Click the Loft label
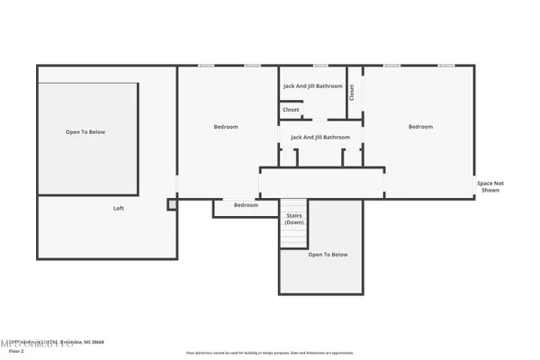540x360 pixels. [118, 208]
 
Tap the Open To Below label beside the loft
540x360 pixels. [85, 132]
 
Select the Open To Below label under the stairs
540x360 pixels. [328, 255]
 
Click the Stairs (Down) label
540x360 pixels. [294, 219]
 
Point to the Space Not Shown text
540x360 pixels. [490, 186]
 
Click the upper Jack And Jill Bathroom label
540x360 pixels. [313, 86]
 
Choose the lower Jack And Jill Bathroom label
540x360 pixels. [319, 137]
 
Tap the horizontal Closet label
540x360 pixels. [291, 110]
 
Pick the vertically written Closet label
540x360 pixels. [352, 92]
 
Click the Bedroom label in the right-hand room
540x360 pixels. [420, 127]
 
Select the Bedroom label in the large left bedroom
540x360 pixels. [225, 127]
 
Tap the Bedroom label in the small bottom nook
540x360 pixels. [246, 205]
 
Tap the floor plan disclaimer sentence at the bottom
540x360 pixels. [269, 353]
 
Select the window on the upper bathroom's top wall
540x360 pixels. [320, 66]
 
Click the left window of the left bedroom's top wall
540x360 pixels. [206, 66]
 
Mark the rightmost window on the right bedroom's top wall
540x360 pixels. [446, 66]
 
